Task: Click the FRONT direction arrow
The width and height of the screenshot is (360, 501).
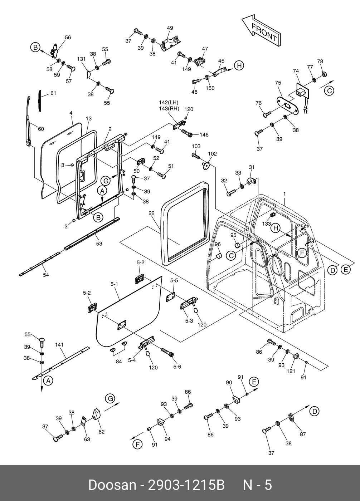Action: tap(261, 30)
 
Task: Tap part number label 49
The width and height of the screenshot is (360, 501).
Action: tap(170, 28)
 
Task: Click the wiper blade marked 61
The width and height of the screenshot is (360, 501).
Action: tap(40, 101)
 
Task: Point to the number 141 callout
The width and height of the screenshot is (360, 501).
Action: tap(59, 345)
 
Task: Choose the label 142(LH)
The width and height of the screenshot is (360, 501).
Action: tap(169, 102)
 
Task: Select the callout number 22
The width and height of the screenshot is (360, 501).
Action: tap(151, 213)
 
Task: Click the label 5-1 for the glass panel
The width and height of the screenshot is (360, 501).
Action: tap(114, 284)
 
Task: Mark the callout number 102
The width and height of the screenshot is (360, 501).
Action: tap(213, 154)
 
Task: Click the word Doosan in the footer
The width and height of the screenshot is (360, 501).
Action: tap(112, 485)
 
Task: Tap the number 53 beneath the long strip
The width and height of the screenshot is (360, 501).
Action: tap(99, 244)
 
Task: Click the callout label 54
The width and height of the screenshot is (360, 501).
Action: tap(46, 275)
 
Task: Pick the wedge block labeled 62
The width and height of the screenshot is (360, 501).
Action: tap(96, 415)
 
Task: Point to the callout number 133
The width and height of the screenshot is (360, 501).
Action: tap(266, 224)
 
